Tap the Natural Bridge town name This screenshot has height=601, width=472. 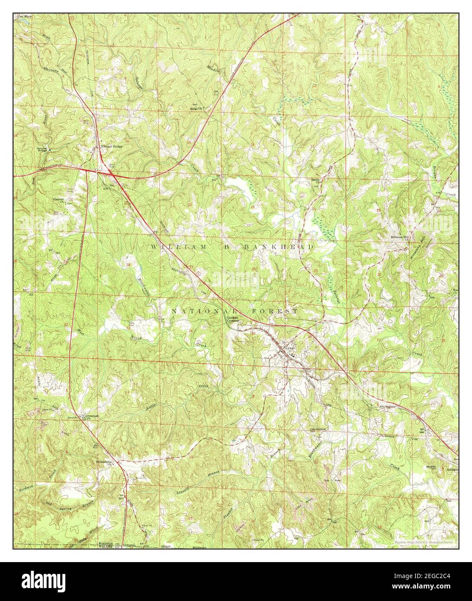[112, 146]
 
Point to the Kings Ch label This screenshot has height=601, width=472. [199, 108]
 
